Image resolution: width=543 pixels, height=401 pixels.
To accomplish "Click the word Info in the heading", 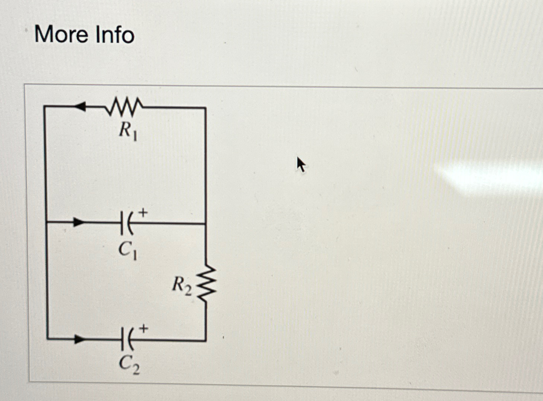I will pyautogui.click(x=115, y=34).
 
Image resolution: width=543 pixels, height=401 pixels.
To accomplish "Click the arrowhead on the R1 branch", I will pyautogui.click(x=79, y=106).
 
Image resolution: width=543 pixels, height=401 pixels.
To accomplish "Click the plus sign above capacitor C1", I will pyautogui.click(x=144, y=213).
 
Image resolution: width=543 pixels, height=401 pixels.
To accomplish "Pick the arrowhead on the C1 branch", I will pyautogui.click(x=78, y=223).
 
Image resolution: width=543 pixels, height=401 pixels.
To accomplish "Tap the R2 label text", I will pyautogui.click(x=182, y=285).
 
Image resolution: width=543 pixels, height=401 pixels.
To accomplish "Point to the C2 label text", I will pyautogui.click(x=129, y=364).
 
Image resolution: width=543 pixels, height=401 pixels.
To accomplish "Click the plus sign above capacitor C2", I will pyautogui.click(x=144, y=329).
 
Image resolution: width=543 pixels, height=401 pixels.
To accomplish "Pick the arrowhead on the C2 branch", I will pyautogui.click(x=79, y=339).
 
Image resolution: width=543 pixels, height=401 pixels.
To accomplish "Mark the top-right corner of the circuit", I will pyautogui.click(x=206, y=108).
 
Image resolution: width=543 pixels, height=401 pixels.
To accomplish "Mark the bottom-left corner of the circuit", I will pyautogui.click(x=47, y=339).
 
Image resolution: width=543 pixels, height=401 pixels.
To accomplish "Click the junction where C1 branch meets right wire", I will pyautogui.click(x=206, y=224).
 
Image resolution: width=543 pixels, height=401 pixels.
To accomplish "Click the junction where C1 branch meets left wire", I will pyautogui.click(x=46, y=222).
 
